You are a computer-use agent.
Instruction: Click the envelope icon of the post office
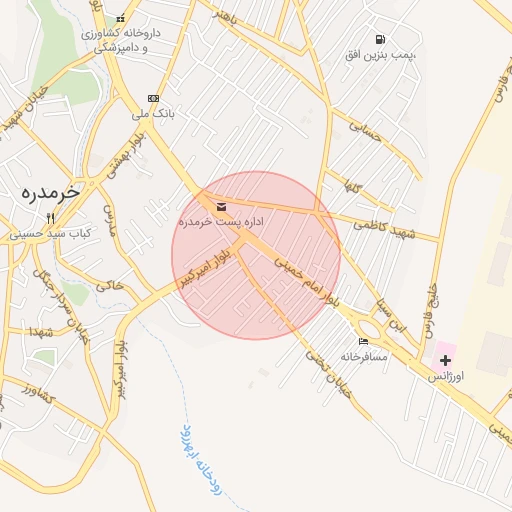pyautogui.click(x=221, y=207)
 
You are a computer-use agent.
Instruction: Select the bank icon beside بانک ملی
pyautogui.click(x=153, y=98)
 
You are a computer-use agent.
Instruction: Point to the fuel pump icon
pyautogui.click(x=378, y=39)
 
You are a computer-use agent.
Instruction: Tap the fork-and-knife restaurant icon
pyautogui.click(x=49, y=218)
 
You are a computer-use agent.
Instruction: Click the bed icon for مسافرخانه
pyautogui.click(x=362, y=341)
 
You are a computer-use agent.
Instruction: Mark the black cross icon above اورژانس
pyautogui.click(x=445, y=359)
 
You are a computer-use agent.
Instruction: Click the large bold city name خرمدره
pyautogui.click(x=48, y=192)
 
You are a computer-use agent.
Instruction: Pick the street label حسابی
pyautogui.click(x=365, y=131)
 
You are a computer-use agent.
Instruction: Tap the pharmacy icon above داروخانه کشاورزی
pyautogui.click(x=121, y=19)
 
